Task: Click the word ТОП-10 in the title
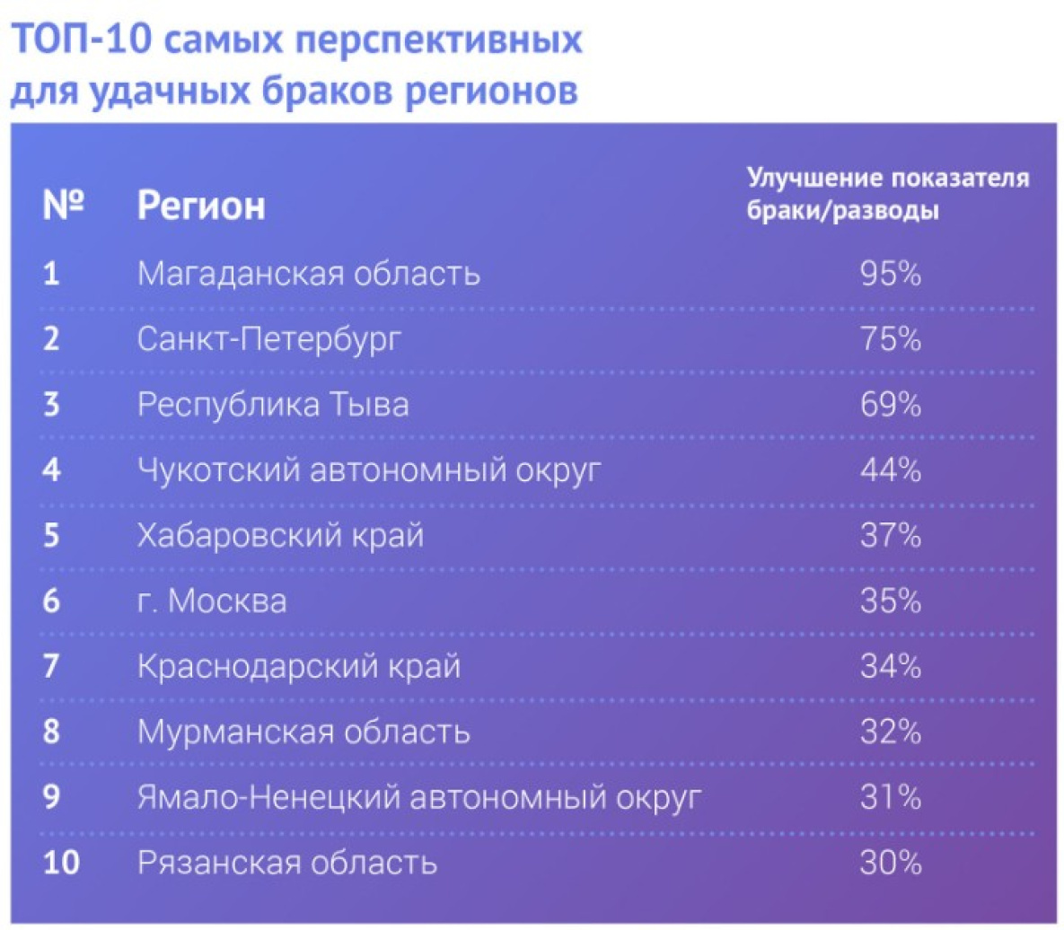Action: tap(82, 39)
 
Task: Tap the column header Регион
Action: tap(201, 205)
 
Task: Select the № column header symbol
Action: tap(63, 204)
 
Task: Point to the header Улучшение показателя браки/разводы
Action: tap(888, 194)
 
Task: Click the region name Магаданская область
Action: tap(309, 274)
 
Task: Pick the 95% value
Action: tap(891, 274)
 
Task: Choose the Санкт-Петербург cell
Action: tap(268, 338)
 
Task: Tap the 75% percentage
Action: tap(891, 338)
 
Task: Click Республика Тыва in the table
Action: tap(273, 404)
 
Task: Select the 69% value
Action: tap(891, 404)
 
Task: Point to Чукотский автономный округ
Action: tap(369, 470)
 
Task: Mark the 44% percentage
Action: tap(891, 469)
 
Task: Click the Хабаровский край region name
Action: tap(280, 535)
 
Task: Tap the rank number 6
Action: tap(51, 601)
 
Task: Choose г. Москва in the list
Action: tap(212, 601)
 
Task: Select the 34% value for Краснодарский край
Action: tap(891, 666)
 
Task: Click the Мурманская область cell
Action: tap(303, 732)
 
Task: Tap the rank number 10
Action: tap(61, 863)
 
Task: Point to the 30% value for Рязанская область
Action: tap(891, 863)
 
